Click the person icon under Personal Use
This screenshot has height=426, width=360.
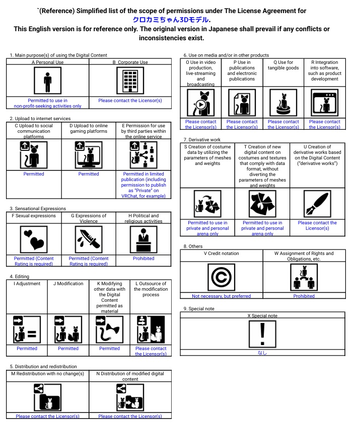coord(47,81)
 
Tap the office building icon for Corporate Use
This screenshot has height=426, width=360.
coord(130,81)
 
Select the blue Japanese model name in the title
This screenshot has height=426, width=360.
coord(171,20)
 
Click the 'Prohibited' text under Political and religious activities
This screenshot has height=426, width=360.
coord(143,259)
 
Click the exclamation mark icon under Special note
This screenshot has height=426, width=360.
coord(262,334)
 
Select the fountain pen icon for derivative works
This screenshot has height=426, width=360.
coord(317,204)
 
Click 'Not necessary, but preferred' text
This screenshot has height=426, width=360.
coord(221,296)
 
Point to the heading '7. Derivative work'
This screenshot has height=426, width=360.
coord(202,139)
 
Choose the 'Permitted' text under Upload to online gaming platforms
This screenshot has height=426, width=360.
coord(89,174)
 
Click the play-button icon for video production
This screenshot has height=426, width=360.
coord(200,104)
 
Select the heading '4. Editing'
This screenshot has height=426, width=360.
coord(19,276)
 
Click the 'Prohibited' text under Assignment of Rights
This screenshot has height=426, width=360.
coord(304,296)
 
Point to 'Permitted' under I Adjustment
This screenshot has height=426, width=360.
coord(27,348)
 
